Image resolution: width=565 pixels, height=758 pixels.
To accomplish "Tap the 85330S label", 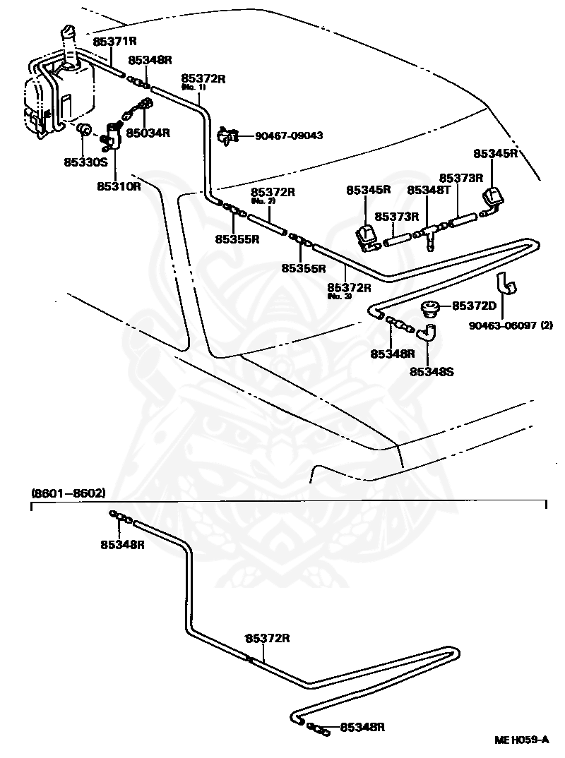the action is point(85,162).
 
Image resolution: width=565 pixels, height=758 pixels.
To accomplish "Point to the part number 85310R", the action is point(119,186).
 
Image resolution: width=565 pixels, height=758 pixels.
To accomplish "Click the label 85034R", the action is point(148,133).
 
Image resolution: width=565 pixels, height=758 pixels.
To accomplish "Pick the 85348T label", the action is point(429,190).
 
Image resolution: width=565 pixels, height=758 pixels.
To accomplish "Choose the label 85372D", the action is point(474,306).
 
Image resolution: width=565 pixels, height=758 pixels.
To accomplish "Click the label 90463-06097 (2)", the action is point(511,325).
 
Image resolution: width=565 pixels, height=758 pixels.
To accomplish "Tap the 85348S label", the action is point(432,372).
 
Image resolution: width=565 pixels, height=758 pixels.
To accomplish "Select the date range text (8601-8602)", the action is point(68,493).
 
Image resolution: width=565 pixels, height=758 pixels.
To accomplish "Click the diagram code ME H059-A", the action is point(521,740).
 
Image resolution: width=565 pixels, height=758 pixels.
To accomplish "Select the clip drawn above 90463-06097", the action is point(506,283).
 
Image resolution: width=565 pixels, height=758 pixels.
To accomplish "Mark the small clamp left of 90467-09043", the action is point(227,136).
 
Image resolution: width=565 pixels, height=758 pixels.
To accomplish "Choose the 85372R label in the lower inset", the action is point(268,638).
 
